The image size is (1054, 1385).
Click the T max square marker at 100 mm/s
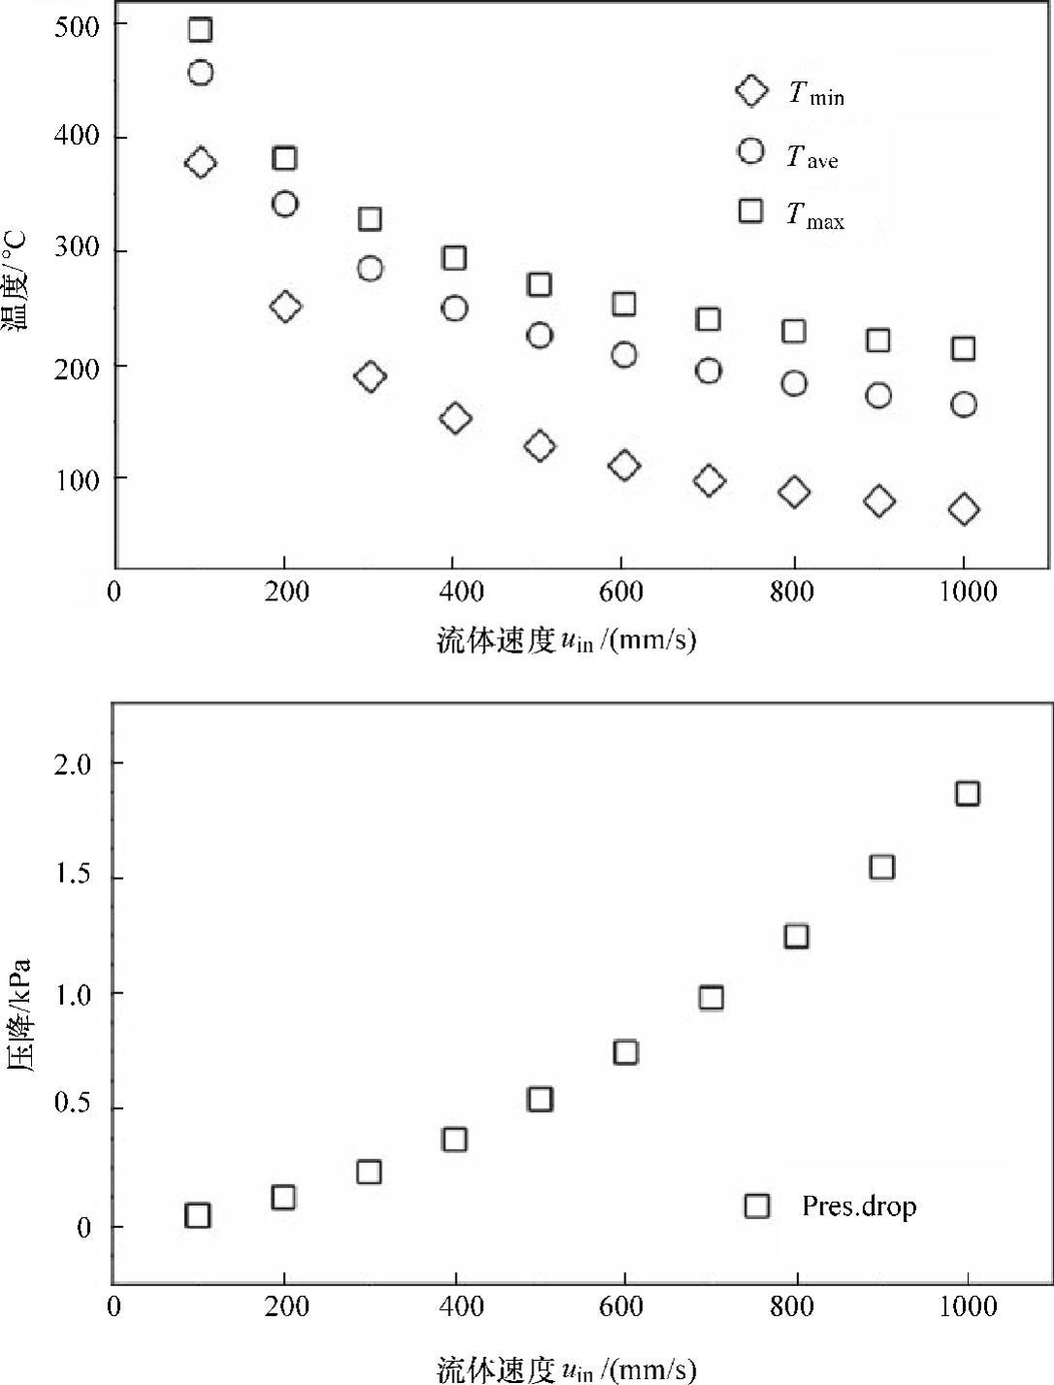pos(200,29)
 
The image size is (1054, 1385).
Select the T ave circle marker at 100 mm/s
pos(200,73)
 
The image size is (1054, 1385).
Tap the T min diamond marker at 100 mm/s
pos(200,163)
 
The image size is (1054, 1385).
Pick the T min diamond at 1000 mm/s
pos(963,509)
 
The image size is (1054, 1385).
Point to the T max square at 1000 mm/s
pos(963,348)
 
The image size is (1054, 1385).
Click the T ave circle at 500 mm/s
pos(539,336)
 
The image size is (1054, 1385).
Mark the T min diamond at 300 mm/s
pos(369,376)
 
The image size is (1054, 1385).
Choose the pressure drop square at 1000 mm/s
pos(967,793)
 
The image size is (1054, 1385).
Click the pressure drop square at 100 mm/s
pos(198,1215)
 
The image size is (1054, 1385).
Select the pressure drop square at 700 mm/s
pos(711,998)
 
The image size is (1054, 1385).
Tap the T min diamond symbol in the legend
pos(751,91)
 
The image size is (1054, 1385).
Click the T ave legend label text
pos(813,155)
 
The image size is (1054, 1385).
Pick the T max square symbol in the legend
pos(751,210)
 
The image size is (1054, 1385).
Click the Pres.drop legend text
pos(858,1206)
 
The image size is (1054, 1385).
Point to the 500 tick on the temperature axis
pos(77,26)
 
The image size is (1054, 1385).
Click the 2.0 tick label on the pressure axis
pos(71,764)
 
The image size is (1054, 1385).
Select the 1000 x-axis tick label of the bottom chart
pos(967,1306)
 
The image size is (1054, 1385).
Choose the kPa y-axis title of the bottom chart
pos(19,1015)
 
